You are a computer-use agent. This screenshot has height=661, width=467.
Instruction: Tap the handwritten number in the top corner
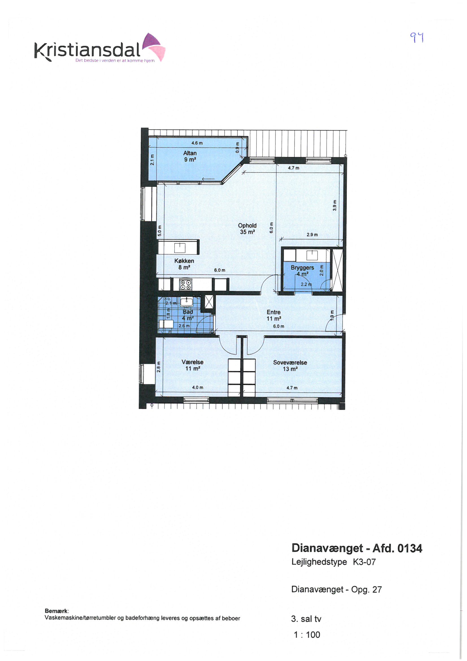click(417, 37)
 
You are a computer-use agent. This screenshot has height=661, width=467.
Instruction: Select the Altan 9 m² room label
click(190, 156)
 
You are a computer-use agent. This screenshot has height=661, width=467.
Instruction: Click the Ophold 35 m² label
click(247, 229)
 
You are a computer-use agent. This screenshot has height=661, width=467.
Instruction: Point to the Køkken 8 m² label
click(184, 264)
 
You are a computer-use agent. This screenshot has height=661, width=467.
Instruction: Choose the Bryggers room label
click(302, 267)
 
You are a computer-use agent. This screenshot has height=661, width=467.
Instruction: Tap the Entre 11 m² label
click(274, 315)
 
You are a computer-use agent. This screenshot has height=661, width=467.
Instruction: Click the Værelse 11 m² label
click(192, 365)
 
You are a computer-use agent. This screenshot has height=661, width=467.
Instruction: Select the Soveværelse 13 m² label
click(290, 366)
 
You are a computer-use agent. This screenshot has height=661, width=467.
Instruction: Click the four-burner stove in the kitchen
click(186, 285)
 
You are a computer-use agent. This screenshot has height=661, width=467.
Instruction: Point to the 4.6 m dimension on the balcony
click(197, 143)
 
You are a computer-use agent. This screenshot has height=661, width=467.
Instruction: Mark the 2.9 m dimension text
click(312, 235)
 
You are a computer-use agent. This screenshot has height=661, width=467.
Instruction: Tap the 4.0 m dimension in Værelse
click(198, 388)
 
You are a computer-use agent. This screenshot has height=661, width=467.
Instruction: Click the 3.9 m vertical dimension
click(334, 206)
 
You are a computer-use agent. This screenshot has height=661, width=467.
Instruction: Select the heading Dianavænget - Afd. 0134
click(357, 548)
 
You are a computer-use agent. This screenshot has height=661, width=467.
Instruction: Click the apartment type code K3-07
click(364, 562)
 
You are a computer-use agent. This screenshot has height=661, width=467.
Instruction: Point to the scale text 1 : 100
click(307, 635)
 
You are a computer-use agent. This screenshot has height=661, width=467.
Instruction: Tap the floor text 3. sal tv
click(306, 619)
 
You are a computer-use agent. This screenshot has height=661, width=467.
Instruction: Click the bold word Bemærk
click(57, 611)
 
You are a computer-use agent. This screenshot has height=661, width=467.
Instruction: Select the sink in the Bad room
click(186, 302)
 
